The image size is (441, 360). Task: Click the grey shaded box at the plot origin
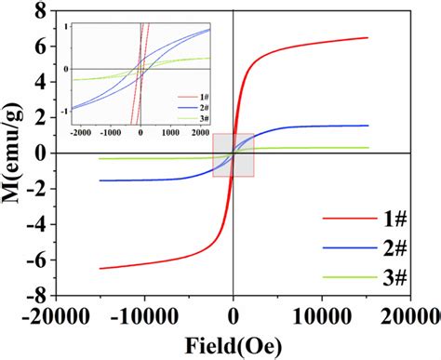(x=233, y=154)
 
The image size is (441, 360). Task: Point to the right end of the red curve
(x=368, y=37)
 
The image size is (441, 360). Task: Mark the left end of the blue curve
(x=99, y=180)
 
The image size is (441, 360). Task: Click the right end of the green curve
(x=368, y=148)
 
